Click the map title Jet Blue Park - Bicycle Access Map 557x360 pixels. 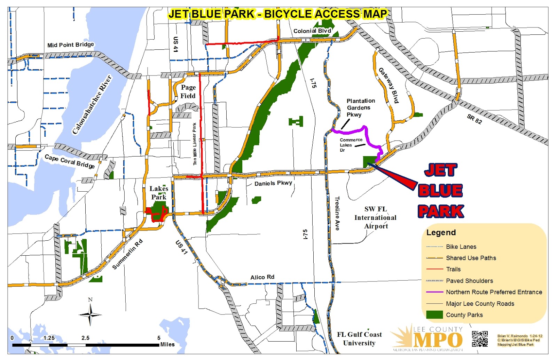pyautogui.click(x=277, y=14)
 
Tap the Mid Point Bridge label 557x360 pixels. pyautogui.click(x=71, y=45)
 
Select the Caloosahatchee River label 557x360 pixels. pyautogui.click(x=92, y=104)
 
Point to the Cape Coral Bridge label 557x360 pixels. pyautogui.click(x=70, y=161)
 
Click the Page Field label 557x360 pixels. pyautogui.click(x=188, y=92)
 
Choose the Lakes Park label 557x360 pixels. pyautogui.click(x=159, y=193)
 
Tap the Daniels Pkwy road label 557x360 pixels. pyautogui.click(x=273, y=183)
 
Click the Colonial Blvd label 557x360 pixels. pyautogui.click(x=312, y=31)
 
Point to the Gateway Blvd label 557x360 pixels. pyautogui.click(x=389, y=85)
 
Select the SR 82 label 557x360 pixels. pyautogui.click(x=474, y=119)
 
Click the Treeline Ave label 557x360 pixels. pyautogui.click(x=337, y=213)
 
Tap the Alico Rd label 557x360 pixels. pyautogui.click(x=262, y=277)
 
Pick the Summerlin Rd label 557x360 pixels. pyautogui.click(x=127, y=254)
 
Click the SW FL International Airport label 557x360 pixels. pyautogui.click(x=375, y=218)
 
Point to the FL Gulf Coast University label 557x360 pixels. pyautogui.click(x=359, y=339)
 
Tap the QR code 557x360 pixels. pyautogui.click(x=480, y=339)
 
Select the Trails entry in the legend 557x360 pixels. pyautogui.click(x=453, y=269)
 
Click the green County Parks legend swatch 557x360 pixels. pyautogui.click(x=434, y=315)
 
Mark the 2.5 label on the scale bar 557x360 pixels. pyautogui.click(x=85, y=338)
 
